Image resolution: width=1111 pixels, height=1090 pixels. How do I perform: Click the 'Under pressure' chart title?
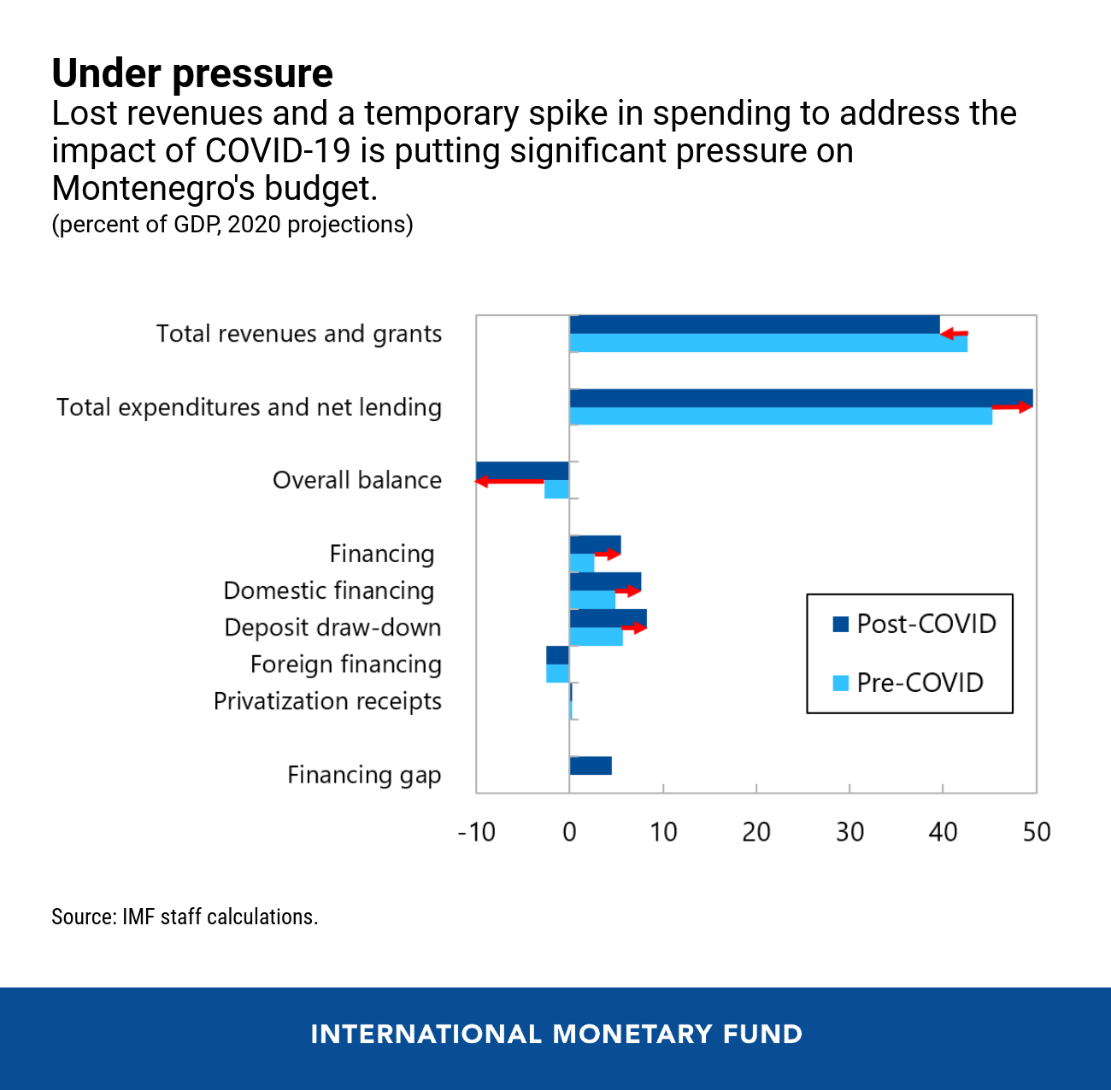192,73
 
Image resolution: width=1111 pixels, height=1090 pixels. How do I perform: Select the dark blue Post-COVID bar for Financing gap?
591,765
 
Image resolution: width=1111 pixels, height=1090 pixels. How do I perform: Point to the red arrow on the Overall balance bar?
509,482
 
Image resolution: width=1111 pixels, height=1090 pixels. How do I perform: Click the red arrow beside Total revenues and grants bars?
955,334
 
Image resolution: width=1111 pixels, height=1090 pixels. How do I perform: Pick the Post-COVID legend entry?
914,624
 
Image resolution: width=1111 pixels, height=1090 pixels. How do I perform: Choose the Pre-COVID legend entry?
908,683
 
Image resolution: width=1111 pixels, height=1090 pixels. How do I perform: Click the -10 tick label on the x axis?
476,832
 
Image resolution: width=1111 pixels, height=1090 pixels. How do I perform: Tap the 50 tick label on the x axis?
1036,832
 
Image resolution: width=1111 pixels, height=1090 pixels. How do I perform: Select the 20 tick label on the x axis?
756,832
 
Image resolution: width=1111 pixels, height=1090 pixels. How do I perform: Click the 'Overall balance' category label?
356,480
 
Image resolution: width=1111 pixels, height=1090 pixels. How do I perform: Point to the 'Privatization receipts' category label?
327,701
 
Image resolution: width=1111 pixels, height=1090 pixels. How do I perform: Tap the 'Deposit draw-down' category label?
332,628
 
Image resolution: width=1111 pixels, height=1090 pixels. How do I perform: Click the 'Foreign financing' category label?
345,665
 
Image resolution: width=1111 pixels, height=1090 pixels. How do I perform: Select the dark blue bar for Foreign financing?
557,655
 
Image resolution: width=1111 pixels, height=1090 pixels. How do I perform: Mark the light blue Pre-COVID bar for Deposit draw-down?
596,637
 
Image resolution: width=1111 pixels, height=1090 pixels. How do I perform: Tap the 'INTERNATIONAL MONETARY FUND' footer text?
556,1034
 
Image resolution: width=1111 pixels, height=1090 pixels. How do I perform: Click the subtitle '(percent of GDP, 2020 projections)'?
232,225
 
